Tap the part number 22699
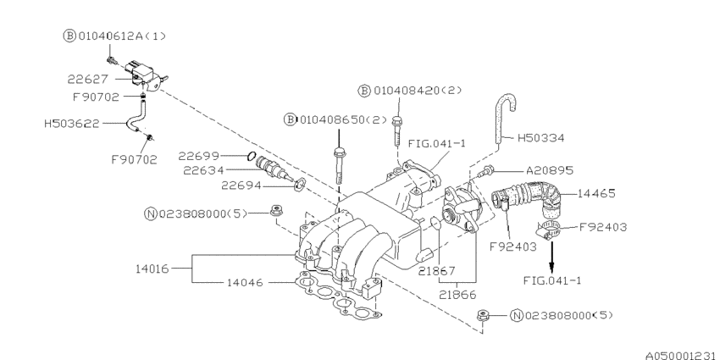click(x=199, y=155)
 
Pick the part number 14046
click(x=247, y=281)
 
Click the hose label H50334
click(x=534, y=136)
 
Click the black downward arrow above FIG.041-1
click(x=551, y=252)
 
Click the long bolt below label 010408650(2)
click(x=339, y=169)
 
